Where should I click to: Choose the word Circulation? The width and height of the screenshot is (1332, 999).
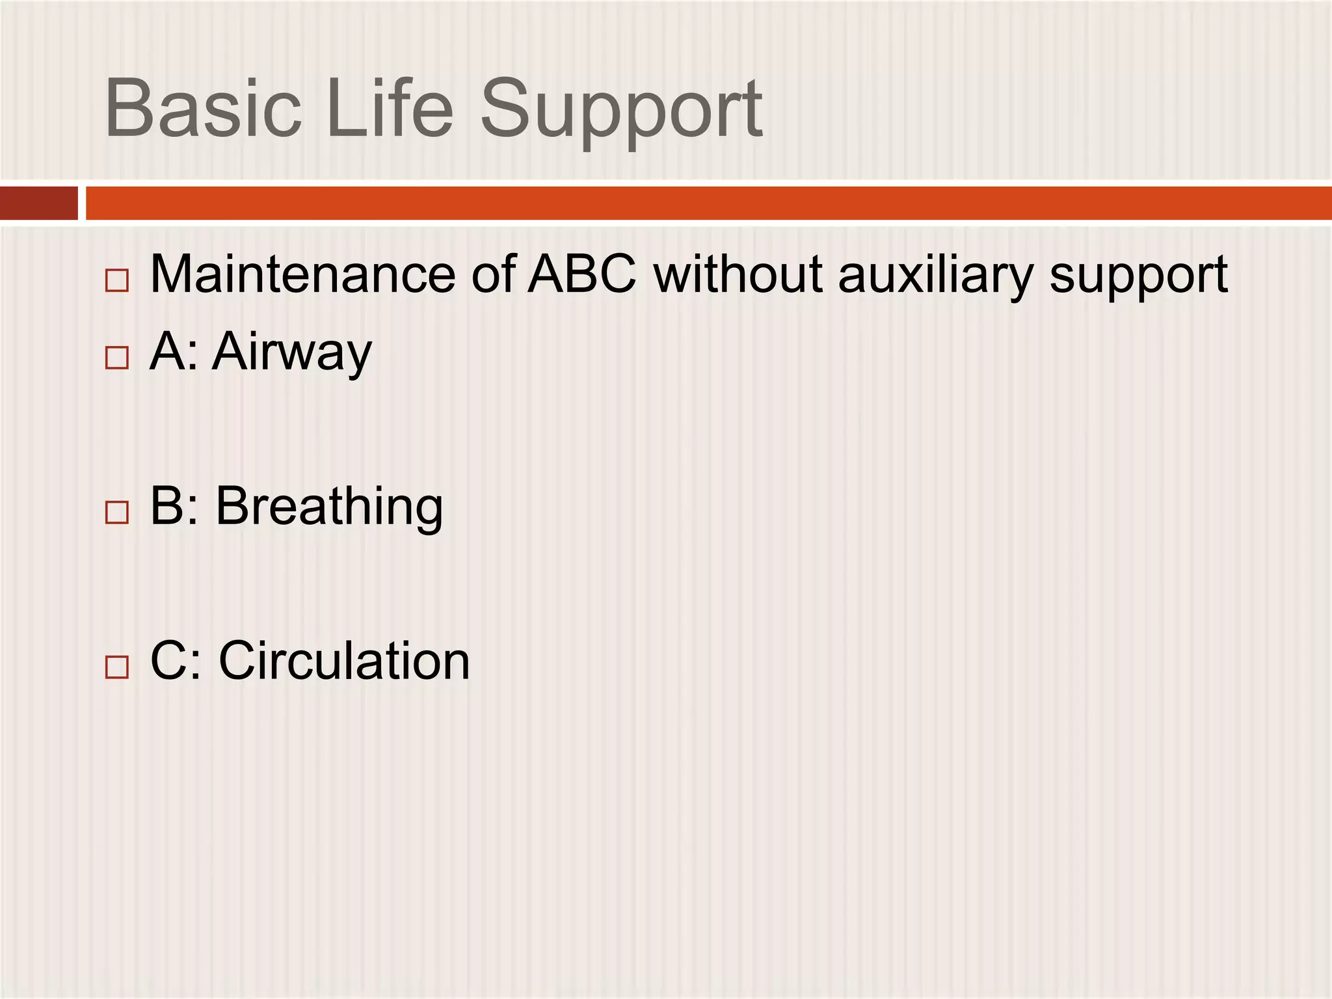coord(344,661)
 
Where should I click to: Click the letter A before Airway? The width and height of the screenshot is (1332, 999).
coord(165,351)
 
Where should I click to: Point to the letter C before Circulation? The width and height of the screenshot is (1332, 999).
coord(168,661)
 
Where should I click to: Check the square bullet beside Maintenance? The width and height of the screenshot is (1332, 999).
coord(117,281)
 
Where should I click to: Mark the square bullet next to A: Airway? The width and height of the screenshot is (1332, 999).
coord(117,358)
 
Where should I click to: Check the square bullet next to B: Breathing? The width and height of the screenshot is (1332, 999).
coord(117,513)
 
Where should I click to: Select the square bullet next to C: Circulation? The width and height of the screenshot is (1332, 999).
coord(117,667)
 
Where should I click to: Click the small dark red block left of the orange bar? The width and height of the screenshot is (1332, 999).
coord(38,203)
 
